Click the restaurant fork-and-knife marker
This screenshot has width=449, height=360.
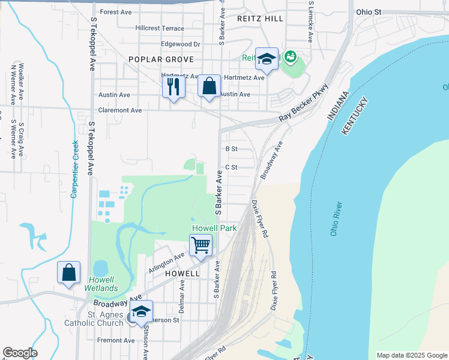173,88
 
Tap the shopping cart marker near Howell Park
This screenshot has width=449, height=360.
200,245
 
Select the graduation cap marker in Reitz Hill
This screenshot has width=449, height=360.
267,59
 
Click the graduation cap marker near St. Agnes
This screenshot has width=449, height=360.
141,313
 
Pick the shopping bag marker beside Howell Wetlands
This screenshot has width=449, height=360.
69,272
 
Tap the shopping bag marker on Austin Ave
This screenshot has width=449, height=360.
209,86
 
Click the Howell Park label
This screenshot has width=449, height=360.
214,228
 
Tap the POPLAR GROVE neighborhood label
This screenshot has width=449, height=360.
161,59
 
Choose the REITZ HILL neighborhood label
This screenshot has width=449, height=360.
261,19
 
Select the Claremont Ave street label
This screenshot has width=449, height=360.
120,110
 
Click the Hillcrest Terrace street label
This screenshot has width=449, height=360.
160,28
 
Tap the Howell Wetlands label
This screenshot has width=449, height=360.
103,284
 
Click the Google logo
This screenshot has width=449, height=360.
20,353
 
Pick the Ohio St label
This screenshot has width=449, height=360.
369,11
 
